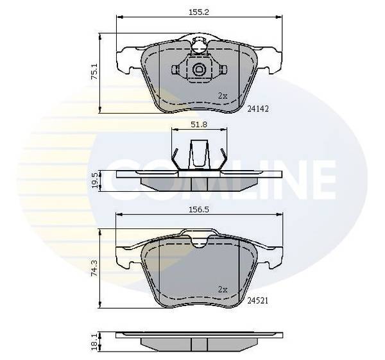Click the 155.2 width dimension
click(x=199, y=12)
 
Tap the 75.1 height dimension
click(x=94, y=71)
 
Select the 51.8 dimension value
click(x=199, y=124)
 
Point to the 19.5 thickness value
click(x=95, y=180)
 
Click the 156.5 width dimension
click(x=199, y=209)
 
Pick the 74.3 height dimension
click(x=94, y=268)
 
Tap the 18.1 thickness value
click(x=95, y=341)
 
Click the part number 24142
click(x=258, y=109)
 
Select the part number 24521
click(x=258, y=300)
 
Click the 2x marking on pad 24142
click(x=223, y=96)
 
